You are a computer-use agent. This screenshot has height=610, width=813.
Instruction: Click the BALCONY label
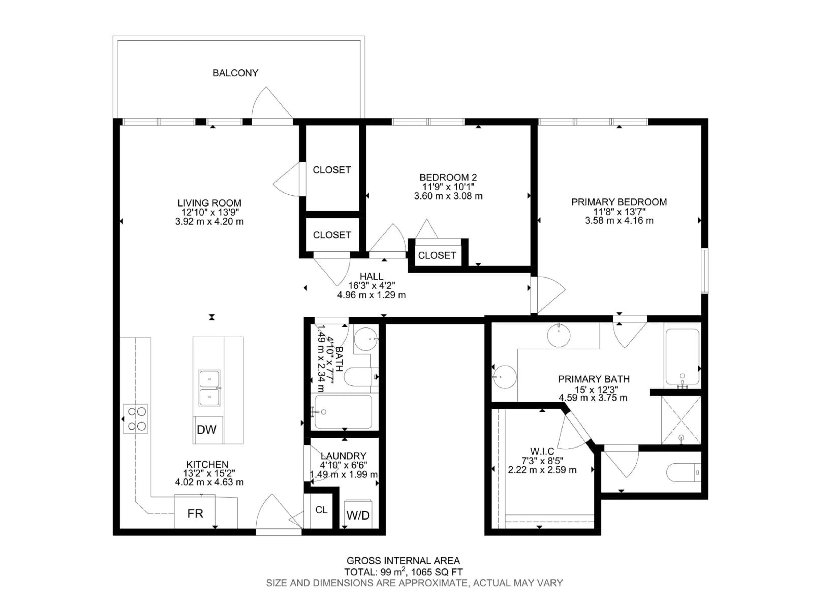click(235, 73)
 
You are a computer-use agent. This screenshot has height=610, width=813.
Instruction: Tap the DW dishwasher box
click(207, 430)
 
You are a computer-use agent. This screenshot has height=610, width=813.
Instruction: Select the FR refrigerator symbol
click(195, 513)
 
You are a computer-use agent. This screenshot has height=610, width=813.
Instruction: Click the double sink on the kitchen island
click(210, 388)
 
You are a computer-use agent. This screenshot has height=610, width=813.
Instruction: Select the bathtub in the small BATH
click(343, 412)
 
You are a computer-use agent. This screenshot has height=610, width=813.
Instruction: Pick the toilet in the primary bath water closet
click(684, 473)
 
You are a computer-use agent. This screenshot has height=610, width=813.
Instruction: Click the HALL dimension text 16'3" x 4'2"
click(372, 285)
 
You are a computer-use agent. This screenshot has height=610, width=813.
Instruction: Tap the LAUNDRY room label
click(343, 456)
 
